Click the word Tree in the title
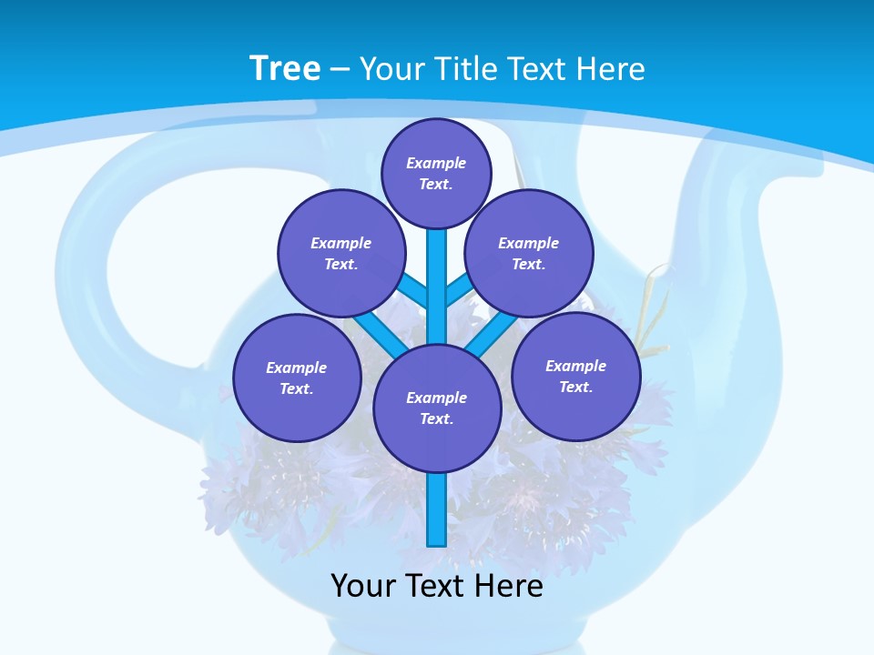coord(285,69)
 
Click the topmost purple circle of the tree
coord(436,173)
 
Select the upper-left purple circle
coord(341,253)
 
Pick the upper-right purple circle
coord(529,253)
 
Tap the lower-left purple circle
coord(297,378)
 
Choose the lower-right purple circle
coord(575,376)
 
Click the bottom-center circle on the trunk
coord(437,408)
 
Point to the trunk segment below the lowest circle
coord(437,509)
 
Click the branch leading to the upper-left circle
coord(412,289)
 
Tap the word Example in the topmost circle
coord(436,163)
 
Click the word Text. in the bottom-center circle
coord(436,419)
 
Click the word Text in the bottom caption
coord(436,586)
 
